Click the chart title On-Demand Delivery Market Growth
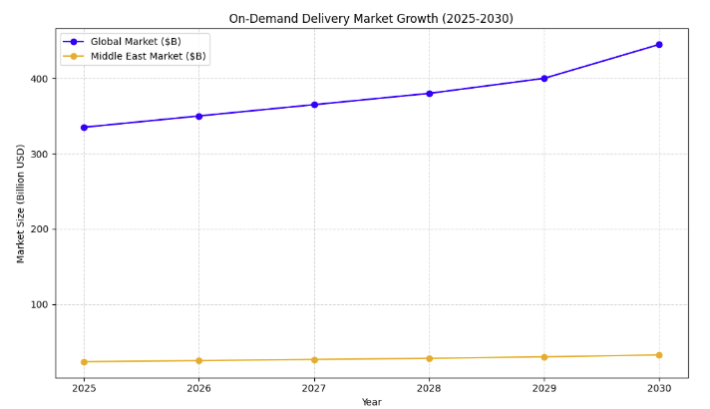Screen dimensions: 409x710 click(x=371, y=18)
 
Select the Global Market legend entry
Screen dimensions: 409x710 click(x=136, y=42)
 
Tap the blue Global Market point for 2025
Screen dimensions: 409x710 click(x=84, y=128)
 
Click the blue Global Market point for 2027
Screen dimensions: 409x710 click(x=314, y=105)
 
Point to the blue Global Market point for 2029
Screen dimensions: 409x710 click(x=543, y=78)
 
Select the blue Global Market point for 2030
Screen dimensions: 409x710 click(x=658, y=45)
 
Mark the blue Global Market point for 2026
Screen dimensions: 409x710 click(x=198, y=116)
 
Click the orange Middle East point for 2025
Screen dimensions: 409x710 click(x=84, y=362)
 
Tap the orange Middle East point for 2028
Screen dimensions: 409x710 click(x=429, y=358)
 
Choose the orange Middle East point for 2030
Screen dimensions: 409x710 click(x=658, y=355)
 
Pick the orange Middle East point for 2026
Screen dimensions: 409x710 click(x=198, y=361)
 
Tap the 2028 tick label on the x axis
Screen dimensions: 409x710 click(x=429, y=388)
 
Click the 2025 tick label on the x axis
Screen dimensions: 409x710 click(x=84, y=388)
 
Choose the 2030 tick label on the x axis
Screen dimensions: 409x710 click(x=658, y=388)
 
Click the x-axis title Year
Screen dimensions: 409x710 click(x=371, y=402)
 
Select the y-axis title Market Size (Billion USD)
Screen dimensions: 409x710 click(x=21, y=204)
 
